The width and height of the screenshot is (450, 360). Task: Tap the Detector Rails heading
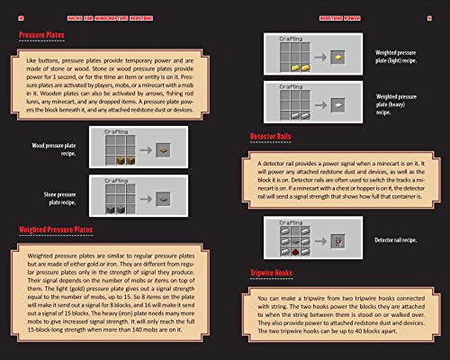click(277, 137)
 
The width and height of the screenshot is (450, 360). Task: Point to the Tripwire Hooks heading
click(276, 271)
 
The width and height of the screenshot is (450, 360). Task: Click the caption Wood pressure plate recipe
click(54, 148)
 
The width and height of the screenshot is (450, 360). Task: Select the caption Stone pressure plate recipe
click(54, 196)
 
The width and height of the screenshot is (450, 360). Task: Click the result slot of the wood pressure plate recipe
click(161, 148)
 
